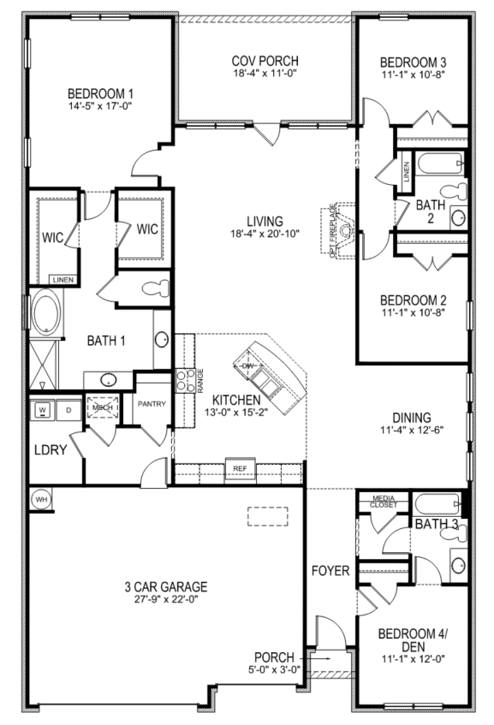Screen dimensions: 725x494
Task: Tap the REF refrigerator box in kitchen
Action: coord(239,468)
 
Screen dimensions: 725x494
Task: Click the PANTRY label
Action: coord(151,403)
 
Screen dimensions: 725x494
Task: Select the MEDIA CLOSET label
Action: coord(383,502)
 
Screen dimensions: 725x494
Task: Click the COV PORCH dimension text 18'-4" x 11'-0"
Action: coord(265,74)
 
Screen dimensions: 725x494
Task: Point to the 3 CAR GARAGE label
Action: coord(164,586)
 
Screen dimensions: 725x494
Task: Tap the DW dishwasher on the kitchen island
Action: coord(249,366)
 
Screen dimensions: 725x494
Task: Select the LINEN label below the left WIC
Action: coord(62,280)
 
